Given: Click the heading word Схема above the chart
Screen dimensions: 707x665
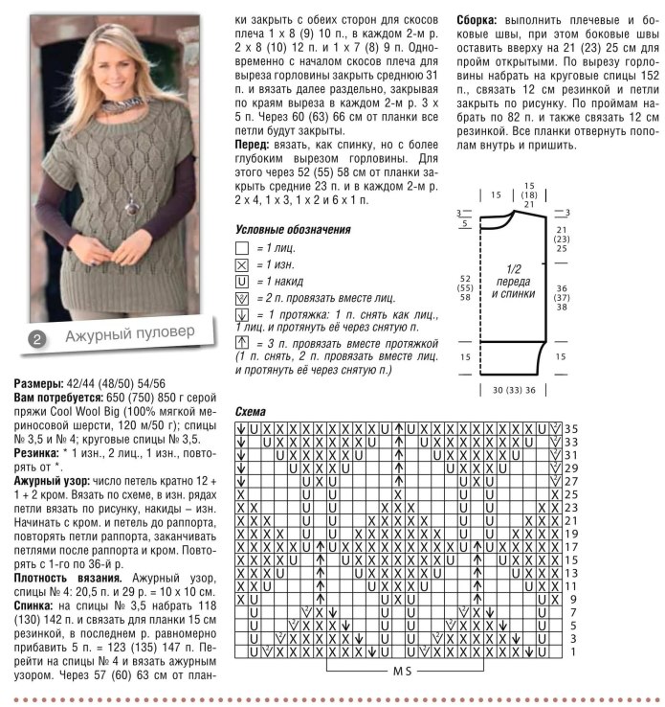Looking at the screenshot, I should [x=252, y=411].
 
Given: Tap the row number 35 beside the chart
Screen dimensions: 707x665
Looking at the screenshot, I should [x=570, y=427].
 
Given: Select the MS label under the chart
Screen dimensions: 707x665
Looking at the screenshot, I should [x=403, y=672].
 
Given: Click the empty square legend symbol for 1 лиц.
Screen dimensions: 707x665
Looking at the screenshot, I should [x=241, y=247].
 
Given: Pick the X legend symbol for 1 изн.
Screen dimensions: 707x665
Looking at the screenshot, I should [x=241, y=264].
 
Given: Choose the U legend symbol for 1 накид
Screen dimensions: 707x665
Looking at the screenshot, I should [x=241, y=282].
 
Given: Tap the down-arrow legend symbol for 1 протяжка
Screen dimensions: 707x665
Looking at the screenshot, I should [x=241, y=315].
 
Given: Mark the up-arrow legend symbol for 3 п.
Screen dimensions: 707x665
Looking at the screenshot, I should [x=241, y=344].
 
